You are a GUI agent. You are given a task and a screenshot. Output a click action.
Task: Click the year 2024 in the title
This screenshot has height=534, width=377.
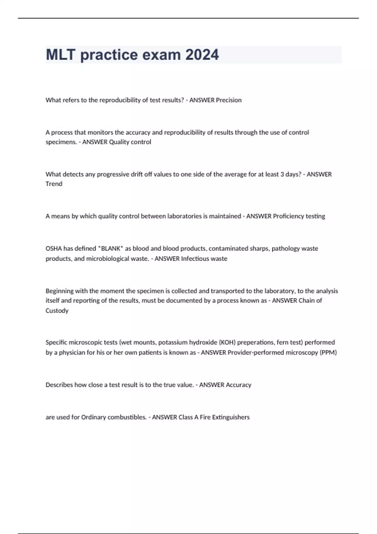202,55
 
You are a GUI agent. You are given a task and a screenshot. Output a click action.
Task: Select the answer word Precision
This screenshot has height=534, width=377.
228,100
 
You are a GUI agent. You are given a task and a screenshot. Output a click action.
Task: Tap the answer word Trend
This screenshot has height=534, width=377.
54,184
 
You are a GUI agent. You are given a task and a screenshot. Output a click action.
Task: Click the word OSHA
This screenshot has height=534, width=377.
54,248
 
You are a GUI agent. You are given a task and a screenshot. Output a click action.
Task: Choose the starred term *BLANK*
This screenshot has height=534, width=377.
111,248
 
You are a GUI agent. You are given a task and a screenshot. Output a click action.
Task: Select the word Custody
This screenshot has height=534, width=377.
57,311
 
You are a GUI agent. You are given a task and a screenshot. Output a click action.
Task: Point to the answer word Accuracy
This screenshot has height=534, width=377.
238,385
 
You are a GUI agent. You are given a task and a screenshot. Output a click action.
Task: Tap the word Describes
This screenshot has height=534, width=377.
59,385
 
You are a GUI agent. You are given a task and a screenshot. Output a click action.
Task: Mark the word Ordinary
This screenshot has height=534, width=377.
94,417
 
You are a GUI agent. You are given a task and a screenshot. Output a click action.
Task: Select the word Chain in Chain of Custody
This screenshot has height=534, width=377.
306,301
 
